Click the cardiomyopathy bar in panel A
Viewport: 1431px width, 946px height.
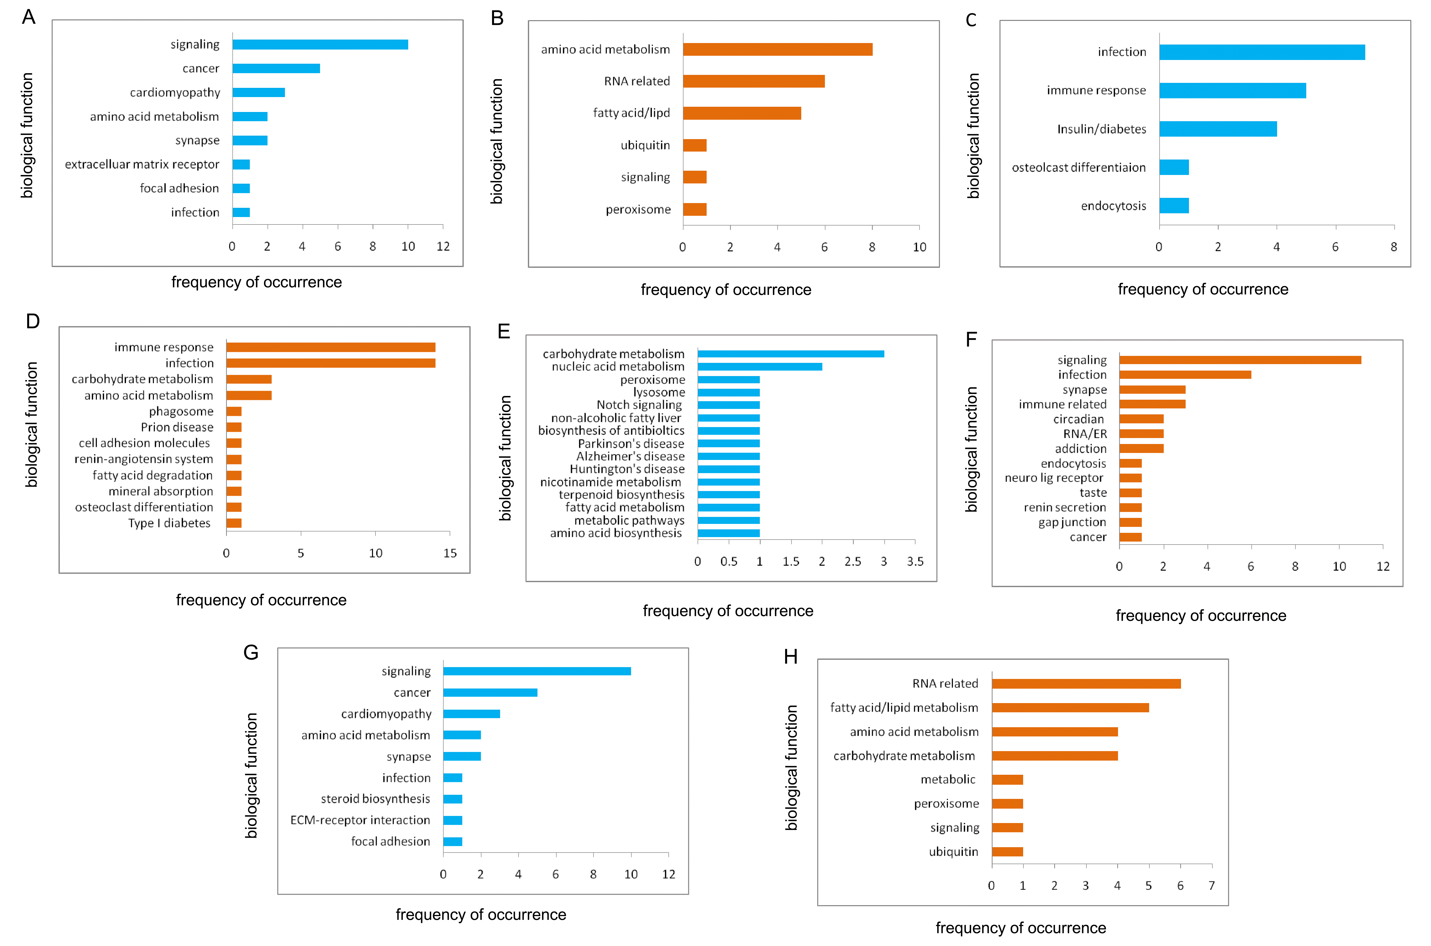(x=258, y=92)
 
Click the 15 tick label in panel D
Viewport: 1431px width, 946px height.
(x=450, y=553)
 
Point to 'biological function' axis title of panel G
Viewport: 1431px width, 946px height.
(x=251, y=775)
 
